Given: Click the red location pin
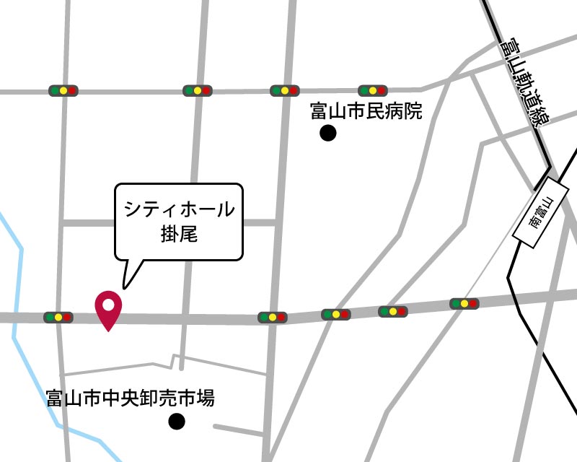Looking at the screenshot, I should click(108, 307).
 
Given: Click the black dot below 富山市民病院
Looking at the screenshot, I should click(328, 133).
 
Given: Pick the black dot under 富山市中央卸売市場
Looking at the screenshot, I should click(176, 422).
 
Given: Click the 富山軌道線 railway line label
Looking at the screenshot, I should click(524, 82).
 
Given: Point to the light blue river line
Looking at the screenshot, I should click(16, 289).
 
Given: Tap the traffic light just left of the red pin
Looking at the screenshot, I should click(58, 317).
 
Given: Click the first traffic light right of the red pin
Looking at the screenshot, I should click(273, 317).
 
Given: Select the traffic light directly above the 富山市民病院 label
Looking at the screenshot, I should click(373, 91).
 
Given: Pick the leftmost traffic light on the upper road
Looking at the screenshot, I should click(63, 91).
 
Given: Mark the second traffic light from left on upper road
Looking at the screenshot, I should click(198, 91).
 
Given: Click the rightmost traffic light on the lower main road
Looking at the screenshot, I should click(464, 304).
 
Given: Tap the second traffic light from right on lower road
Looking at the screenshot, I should click(394, 312).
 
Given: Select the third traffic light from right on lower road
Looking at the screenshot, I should click(336, 315).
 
